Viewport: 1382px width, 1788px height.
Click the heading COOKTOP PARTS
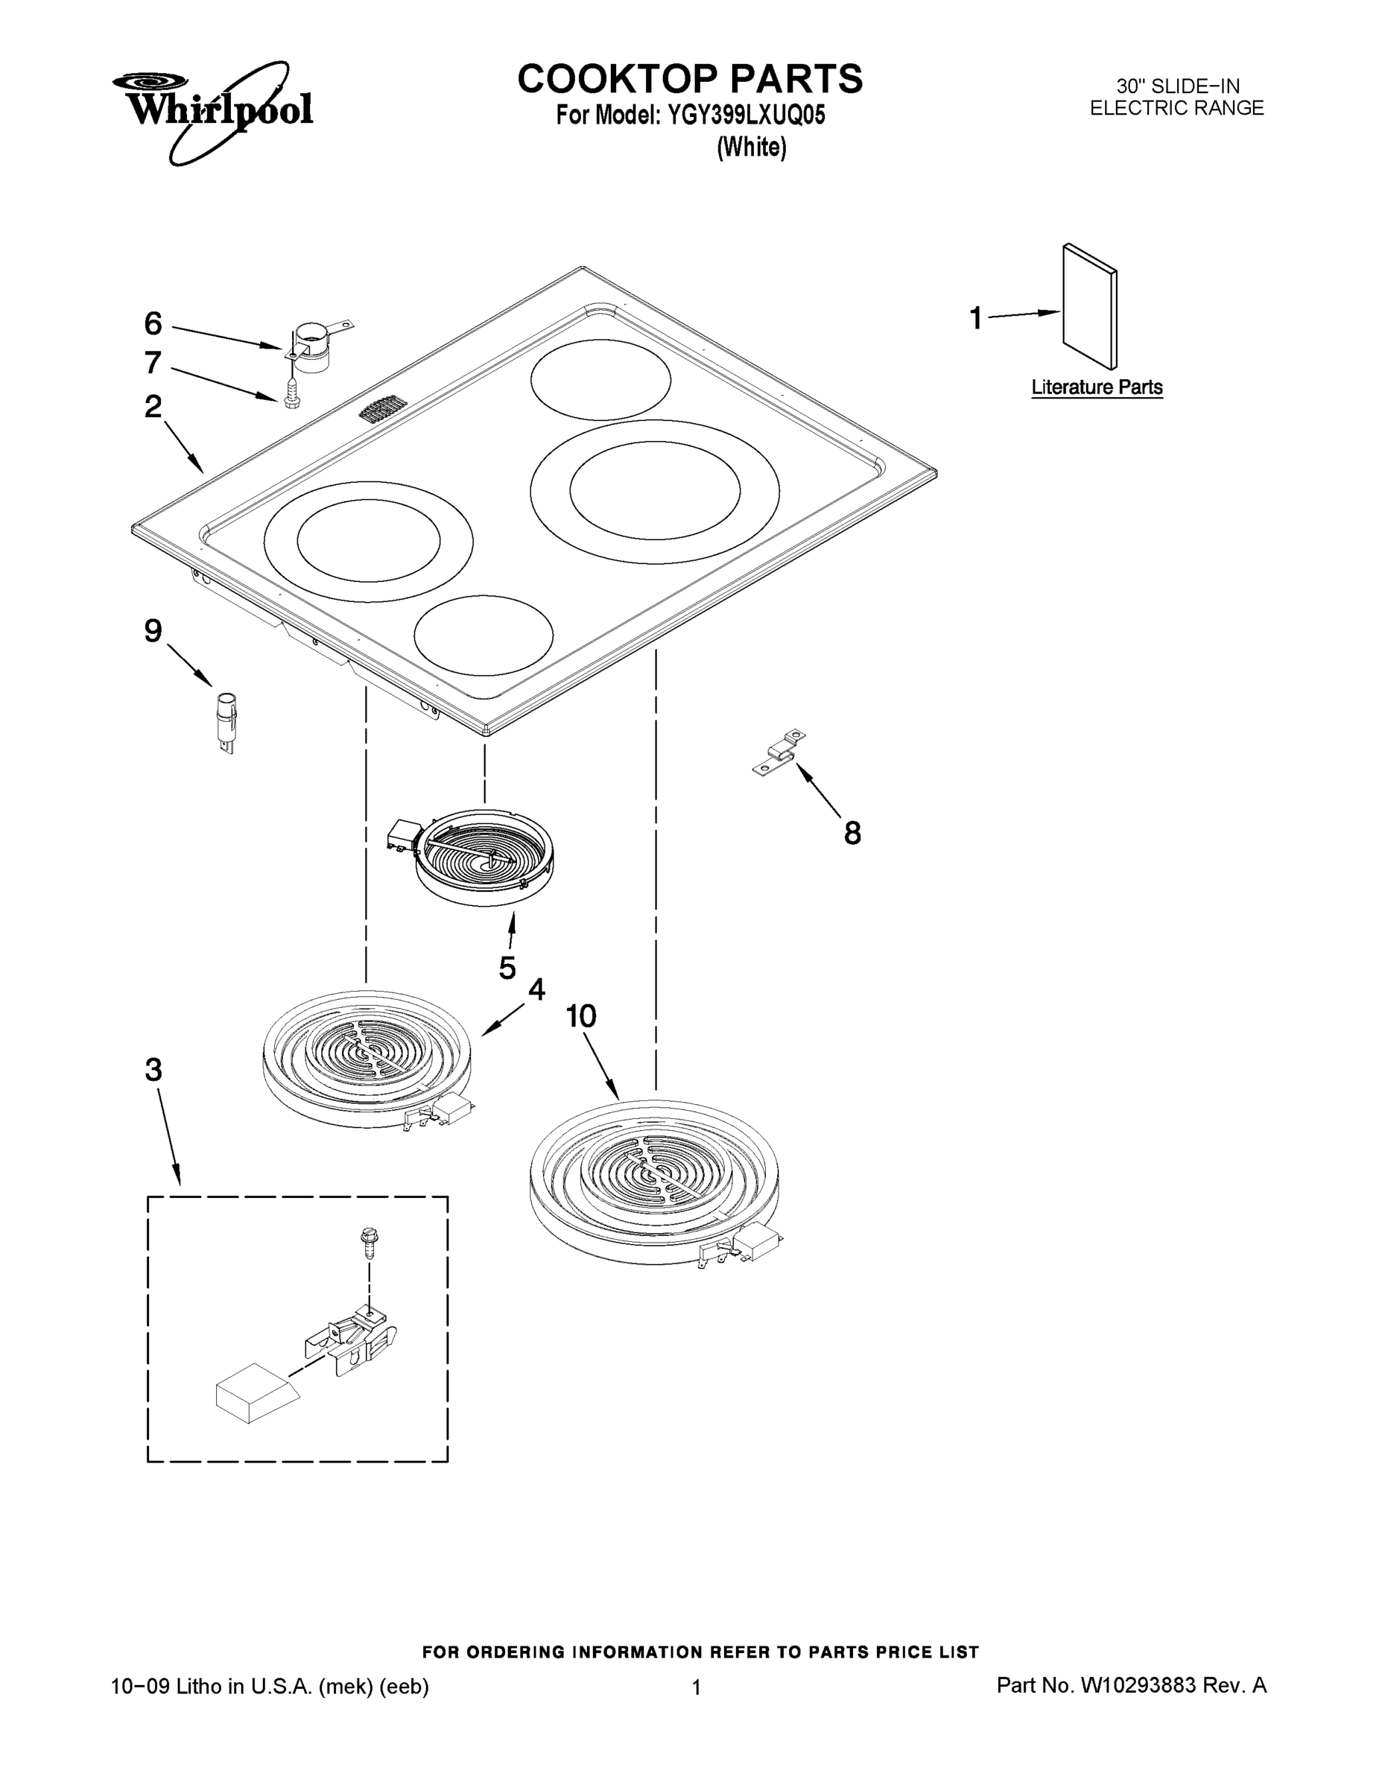tap(689, 80)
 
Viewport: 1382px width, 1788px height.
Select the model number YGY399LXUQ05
tap(746, 115)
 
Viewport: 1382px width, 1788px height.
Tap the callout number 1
tap(975, 318)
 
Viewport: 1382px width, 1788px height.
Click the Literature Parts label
tap(1096, 387)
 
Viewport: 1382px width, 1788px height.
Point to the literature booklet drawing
tap(1090, 307)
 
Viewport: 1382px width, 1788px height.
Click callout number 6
tap(153, 324)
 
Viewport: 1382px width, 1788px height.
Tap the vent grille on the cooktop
tap(382, 408)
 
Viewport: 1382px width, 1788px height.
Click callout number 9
tap(153, 631)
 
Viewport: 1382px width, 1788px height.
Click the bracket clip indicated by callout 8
tap(779, 752)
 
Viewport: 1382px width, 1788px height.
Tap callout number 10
tap(580, 1017)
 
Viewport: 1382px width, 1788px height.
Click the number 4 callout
tap(536, 990)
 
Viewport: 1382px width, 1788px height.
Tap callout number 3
tap(154, 1070)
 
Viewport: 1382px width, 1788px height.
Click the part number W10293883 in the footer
tap(1138, 1686)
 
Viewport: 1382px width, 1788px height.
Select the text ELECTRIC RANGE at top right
tap(1176, 108)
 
